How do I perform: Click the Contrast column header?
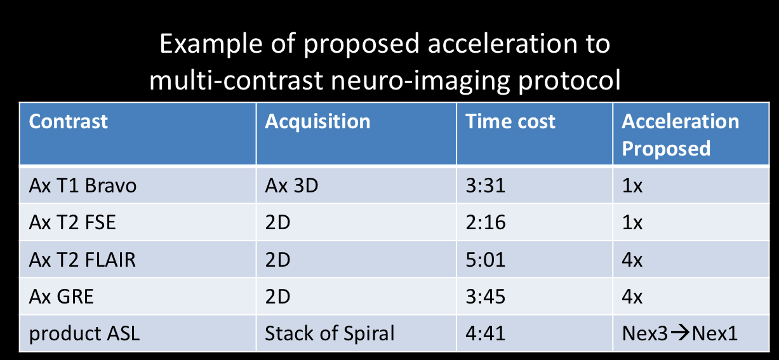69,121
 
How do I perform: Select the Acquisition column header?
317,121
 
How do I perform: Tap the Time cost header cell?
510,121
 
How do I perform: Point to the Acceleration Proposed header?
680,134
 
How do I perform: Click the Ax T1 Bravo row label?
83,186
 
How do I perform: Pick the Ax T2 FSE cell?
72,223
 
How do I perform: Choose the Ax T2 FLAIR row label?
82,260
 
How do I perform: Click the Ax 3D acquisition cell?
291,186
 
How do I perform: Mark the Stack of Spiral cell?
330,333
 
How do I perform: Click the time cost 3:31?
486,186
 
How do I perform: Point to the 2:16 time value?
486,223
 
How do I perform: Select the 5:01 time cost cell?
486,260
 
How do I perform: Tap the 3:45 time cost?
486,297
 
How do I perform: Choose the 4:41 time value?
486,333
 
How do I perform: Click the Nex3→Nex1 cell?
679,333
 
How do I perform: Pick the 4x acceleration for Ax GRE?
632,297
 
